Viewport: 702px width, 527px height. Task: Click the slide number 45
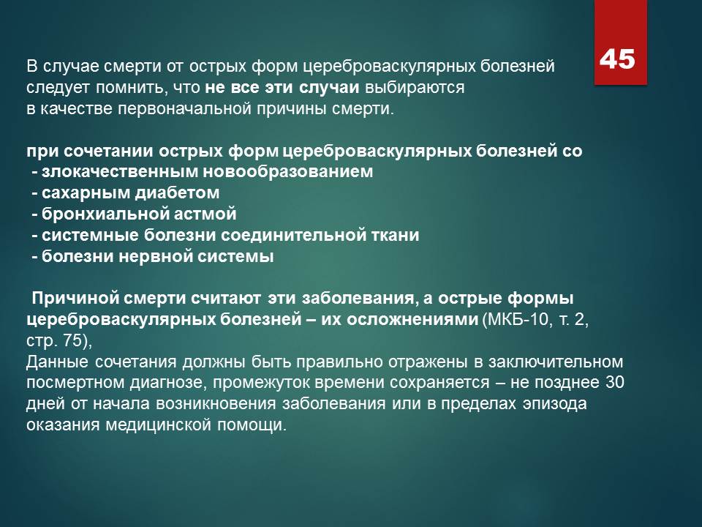tap(617, 59)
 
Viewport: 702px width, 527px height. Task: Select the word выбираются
tap(415, 87)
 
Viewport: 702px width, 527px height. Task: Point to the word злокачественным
tap(119, 171)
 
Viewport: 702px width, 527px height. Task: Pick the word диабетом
tap(177, 193)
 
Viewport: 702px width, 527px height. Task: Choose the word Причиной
tap(72, 298)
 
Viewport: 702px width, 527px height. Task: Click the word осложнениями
tap(412, 320)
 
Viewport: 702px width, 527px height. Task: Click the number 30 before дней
tap(615, 382)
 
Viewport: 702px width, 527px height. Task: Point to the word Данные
tap(57, 362)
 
